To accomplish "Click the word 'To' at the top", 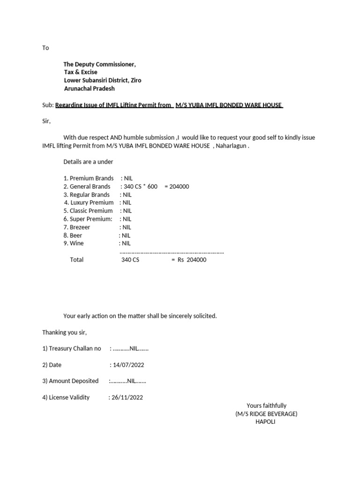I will coord(45,48).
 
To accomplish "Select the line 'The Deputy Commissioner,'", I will coord(100,64).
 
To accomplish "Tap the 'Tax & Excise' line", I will coord(81,72).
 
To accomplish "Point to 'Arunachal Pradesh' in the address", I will coord(89,88).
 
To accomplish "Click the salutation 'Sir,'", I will coord(46,121).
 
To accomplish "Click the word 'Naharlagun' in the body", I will coord(232,146).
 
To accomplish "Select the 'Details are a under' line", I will coord(88,162).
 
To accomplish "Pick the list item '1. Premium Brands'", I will coord(89,178).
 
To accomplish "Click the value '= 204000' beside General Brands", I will coord(177,187).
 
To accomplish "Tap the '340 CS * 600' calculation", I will coord(140,187).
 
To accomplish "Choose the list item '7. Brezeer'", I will coord(77,227).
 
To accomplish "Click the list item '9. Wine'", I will coord(73,243).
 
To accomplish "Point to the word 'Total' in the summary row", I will coord(77,260).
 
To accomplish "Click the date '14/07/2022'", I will coord(128,365).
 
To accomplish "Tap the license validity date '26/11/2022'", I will coord(127,397).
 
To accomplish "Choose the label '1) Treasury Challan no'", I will coord(72,348).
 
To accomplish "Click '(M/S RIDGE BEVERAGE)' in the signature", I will coord(266,413).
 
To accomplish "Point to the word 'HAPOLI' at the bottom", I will coord(265,421).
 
